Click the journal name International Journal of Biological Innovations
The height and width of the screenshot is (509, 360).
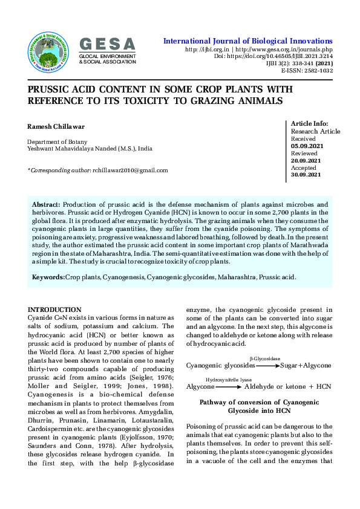pos(248,41)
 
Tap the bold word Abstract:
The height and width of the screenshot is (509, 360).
pos(46,206)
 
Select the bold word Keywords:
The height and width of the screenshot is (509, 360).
pos(48,276)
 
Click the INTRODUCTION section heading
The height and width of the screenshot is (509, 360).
pos(54,310)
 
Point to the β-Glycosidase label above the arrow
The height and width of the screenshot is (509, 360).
pos(264,358)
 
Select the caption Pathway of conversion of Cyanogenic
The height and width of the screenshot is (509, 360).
pos(259,402)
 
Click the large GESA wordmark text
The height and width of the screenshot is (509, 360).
pos(108,44)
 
